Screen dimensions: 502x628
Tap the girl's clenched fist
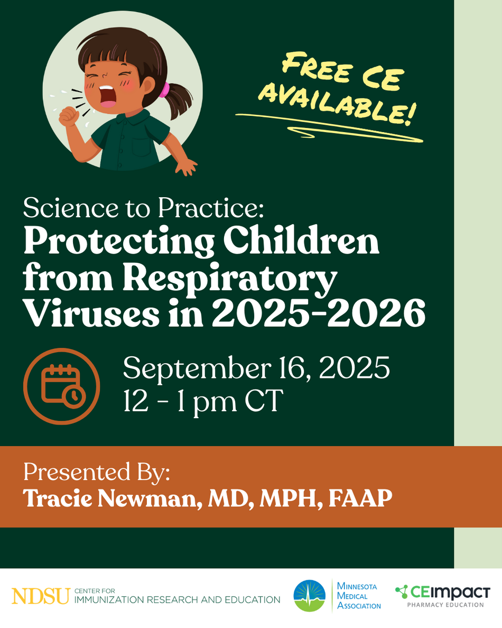pyautogui.click(x=69, y=116)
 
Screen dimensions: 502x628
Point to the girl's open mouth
pyautogui.click(x=107, y=97)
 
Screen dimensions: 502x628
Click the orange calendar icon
pyautogui.click(x=62, y=386)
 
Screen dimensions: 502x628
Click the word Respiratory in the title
pyautogui.click(x=229, y=279)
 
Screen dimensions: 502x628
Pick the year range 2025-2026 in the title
pyautogui.click(x=318, y=313)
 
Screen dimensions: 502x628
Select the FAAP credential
pyautogui.click(x=360, y=498)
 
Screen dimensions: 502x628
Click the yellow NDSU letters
pyautogui.click(x=41, y=596)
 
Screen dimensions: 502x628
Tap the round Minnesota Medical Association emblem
pyautogui.click(x=310, y=596)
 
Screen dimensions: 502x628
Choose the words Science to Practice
pyautogui.click(x=143, y=208)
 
